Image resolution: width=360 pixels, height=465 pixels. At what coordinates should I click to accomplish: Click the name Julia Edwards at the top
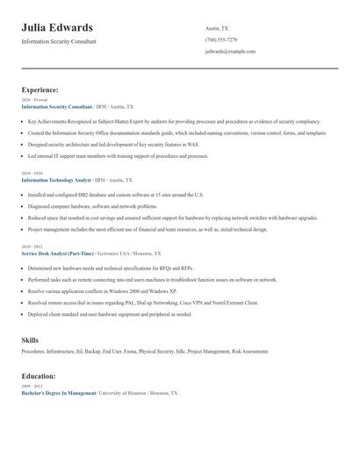[x=57, y=27]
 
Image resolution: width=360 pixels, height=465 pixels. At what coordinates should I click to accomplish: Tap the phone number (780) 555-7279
[x=220, y=39]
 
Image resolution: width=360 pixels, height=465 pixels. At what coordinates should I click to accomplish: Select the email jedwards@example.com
[x=230, y=51]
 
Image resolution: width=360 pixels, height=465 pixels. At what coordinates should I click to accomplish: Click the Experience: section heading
[x=40, y=89]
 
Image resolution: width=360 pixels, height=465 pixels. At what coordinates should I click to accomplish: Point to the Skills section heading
[x=30, y=340]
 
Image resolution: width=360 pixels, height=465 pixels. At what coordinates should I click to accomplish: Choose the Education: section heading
[x=40, y=375]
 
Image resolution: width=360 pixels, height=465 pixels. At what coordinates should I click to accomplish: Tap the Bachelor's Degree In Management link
[x=58, y=393]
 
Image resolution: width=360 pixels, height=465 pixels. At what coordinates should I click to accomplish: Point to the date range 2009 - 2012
[x=31, y=386]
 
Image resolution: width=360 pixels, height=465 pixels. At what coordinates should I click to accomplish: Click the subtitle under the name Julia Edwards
[x=59, y=41]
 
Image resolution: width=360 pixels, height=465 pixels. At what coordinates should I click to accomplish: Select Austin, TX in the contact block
[x=217, y=28]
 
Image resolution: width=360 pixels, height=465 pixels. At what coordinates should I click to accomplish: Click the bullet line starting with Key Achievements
[x=174, y=121]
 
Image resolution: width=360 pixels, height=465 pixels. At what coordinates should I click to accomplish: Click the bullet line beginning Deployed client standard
[x=109, y=313]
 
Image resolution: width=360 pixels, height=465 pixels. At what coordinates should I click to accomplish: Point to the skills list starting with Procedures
[x=145, y=351]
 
